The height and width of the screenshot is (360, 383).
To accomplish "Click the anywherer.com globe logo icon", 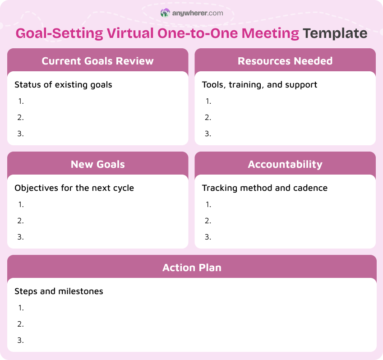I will pyautogui.click(x=165, y=13).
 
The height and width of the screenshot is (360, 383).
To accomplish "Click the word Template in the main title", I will pyautogui.click(x=335, y=33).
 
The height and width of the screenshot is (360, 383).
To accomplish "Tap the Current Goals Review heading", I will pyautogui.click(x=97, y=61).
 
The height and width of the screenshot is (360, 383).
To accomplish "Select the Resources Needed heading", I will pyautogui.click(x=285, y=61).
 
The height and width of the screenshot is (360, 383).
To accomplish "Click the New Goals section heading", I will pyautogui.click(x=97, y=164).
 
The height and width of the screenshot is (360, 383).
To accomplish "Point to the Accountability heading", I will pyautogui.click(x=285, y=164).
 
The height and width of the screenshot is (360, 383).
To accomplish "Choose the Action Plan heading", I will pyautogui.click(x=192, y=268).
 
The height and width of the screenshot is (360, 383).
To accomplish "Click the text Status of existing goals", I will pyautogui.click(x=63, y=84).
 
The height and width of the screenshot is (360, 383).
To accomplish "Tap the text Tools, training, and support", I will pyautogui.click(x=259, y=84).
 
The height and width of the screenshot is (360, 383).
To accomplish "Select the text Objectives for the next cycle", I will pyautogui.click(x=74, y=188).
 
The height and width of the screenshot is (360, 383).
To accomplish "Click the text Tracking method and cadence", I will pyautogui.click(x=264, y=188).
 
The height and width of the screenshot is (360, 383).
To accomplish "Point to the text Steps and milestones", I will pyautogui.click(x=59, y=291).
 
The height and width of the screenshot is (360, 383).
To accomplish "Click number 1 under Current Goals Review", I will pyautogui.click(x=21, y=101).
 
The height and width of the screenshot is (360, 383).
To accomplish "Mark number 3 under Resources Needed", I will pyautogui.click(x=208, y=134).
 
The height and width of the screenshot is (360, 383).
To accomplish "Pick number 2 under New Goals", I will pyautogui.click(x=21, y=221).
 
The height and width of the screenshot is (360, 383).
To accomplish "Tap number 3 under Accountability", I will pyautogui.click(x=208, y=237).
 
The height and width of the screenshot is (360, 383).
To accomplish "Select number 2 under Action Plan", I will pyautogui.click(x=21, y=324).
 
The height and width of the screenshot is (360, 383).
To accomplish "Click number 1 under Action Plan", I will pyautogui.click(x=21, y=308).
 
